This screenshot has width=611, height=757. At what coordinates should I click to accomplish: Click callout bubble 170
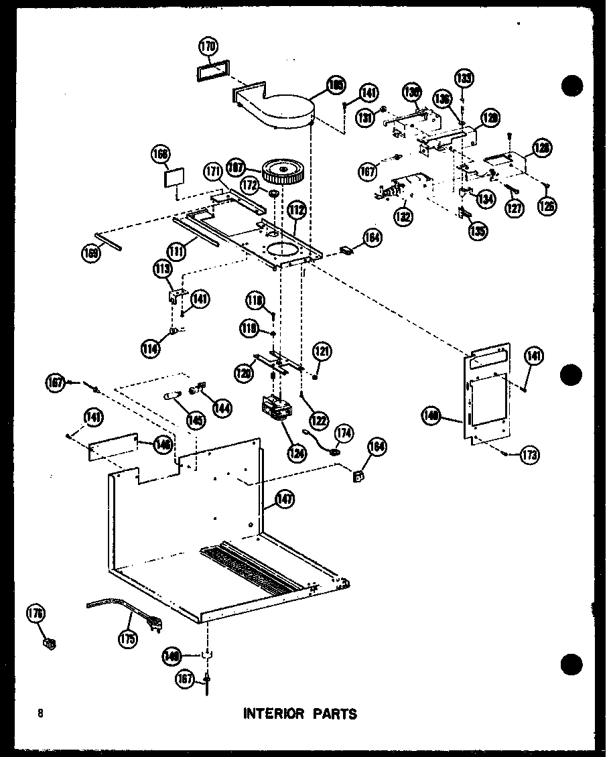(x=208, y=46)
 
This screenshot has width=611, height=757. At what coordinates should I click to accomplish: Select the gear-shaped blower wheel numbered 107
(x=284, y=172)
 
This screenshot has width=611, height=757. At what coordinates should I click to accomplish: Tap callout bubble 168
(x=162, y=153)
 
